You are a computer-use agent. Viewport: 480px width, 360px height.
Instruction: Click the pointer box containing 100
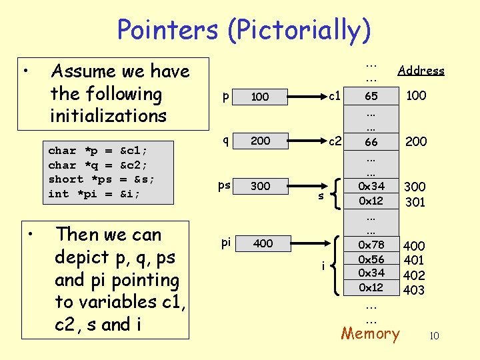coord(260,97)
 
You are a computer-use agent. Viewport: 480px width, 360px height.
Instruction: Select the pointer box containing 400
coord(263,243)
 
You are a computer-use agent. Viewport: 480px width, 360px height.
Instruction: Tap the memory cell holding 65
coord(371,96)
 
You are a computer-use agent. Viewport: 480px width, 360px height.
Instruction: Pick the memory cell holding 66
coord(371,142)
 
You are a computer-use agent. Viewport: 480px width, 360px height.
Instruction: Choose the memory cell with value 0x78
coord(371,246)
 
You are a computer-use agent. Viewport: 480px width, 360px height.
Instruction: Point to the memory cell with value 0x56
coord(371,259)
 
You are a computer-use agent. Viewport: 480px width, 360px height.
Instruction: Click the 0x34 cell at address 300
coord(371,186)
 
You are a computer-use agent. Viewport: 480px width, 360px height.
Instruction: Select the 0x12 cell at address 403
coord(371,287)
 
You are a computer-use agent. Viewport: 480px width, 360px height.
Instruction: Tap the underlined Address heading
coord(421,70)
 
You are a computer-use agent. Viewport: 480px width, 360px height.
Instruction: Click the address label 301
coord(415,201)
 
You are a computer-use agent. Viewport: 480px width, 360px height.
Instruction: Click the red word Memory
coord(370,333)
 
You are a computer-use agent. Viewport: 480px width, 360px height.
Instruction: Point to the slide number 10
coord(433,336)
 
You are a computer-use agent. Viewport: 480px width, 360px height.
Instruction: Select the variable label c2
coord(335,141)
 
